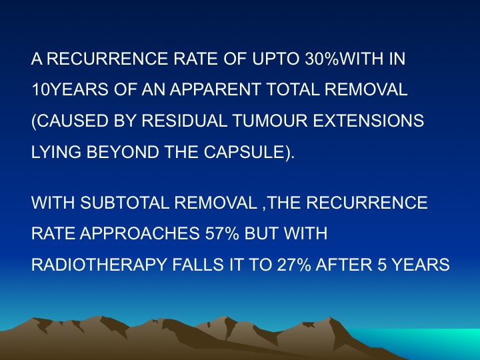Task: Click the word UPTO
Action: click(275, 59)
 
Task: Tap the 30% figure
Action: click(322, 59)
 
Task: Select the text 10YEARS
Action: click(70, 89)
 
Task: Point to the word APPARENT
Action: click(215, 89)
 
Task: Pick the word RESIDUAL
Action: click(184, 121)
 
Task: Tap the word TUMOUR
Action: click(270, 121)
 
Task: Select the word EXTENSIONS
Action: click(368, 121)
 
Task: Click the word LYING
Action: click(56, 152)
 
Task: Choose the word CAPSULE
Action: click(244, 152)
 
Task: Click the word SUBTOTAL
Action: click(125, 203)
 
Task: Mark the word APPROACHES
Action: click(139, 233)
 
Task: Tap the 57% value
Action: click(222, 233)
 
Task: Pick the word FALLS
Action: click(198, 265)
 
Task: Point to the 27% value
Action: click(294, 265)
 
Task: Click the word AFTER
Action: click(344, 265)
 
